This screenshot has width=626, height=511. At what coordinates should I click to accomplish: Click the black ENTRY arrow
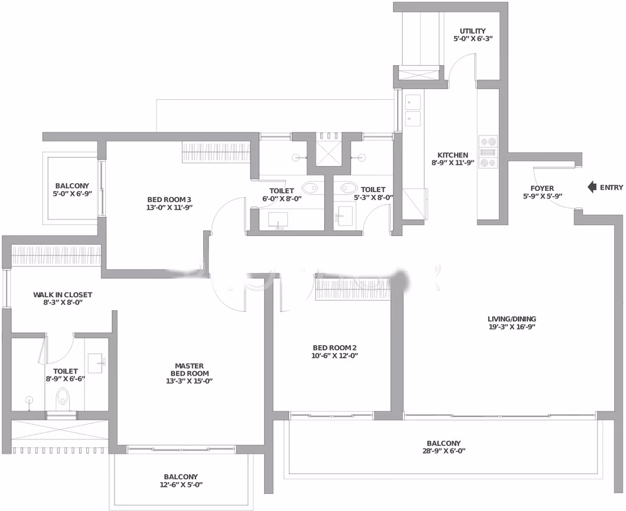pyautogui.click(x=592, y=187)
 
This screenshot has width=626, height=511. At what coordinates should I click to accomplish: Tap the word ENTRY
pyautogui.click(x=611, y=187)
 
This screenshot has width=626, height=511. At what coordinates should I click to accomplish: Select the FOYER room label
pyautogui.click(x=542, y=188)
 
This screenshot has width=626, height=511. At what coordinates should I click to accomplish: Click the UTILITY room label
pyautogui.click(x=473, y=31)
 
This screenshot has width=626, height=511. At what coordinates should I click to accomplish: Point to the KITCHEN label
pyautogui.click(x=452, y=155)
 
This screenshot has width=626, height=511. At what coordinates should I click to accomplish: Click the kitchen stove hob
pyautogui.click(x=488, y=152)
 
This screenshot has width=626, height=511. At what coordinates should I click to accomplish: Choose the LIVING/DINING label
pyautogui.click(x=512, y=319)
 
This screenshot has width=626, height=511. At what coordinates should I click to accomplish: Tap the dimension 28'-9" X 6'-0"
pyautogui.click(x=443, y=451)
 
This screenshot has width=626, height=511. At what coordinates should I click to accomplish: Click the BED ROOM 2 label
pyautogui.click(x=335, y=348)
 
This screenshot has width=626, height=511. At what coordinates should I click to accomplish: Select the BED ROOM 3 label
pyautogui.click(x=169, y=200)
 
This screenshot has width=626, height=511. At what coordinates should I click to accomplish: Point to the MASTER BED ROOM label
pyautogui.click(x=189, y=369)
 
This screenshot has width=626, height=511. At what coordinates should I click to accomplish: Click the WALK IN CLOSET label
pyautogui.click(x=63, y=295)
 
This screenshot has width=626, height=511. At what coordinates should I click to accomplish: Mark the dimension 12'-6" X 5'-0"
pyautogui.click(x=181, y=485)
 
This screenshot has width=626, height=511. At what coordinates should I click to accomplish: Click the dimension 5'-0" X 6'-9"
pyautogui.click(x=72, y=194)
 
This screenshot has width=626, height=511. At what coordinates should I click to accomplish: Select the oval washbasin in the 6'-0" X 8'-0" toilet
pyautogui.click(x=310, y=187)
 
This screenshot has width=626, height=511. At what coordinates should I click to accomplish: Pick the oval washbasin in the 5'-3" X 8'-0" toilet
pyautogui.click(x=349, y=187)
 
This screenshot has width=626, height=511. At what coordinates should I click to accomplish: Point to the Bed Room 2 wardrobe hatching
pyautogui.click(x=352, y=289)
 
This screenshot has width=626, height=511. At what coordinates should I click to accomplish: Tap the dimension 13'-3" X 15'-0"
pyautogui.click(x=189, y=381)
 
